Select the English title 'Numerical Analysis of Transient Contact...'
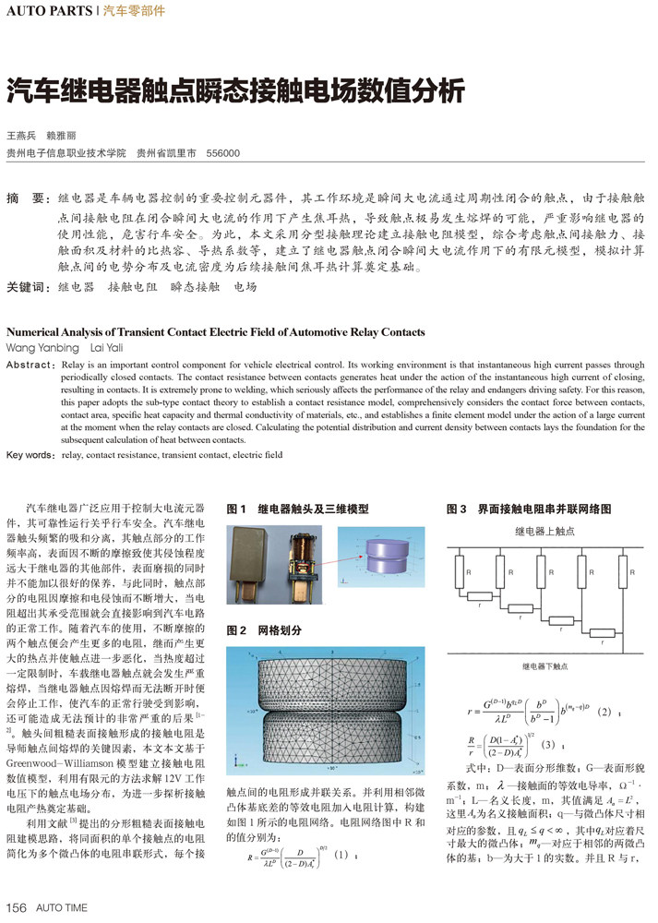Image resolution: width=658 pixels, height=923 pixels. tap(216, 332)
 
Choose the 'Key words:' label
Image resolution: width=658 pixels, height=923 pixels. tap(31, 455)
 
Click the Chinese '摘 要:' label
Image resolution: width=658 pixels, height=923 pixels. tap(27, 198)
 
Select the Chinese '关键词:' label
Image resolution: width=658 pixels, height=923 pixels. tap(29, 287)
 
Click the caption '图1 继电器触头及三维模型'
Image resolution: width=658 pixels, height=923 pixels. tap(297, 509)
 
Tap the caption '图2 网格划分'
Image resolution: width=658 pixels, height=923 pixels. tap(265, 630)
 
